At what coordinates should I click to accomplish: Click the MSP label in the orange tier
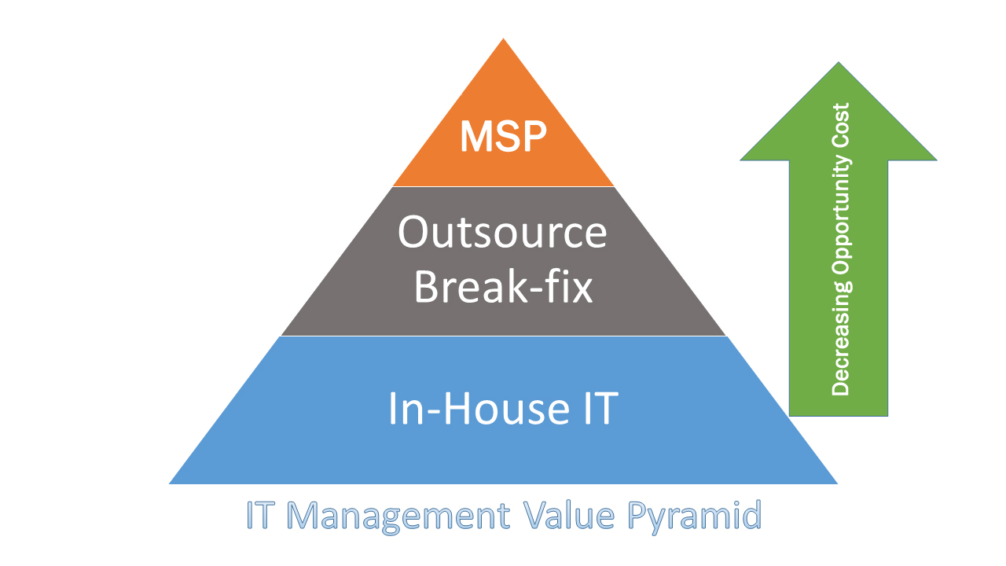pos(503,137)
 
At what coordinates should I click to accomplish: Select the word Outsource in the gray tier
pos(502,232)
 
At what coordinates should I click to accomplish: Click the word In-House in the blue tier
pos(479,408)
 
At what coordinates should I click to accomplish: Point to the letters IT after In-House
pos(601,408)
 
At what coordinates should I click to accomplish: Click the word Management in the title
pos(398,516)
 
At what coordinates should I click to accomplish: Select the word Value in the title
pos(569,515)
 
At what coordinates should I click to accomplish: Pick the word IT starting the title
pos(259,515)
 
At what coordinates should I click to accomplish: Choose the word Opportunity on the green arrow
pos(841,215)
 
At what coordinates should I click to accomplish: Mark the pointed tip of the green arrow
pos(839,62)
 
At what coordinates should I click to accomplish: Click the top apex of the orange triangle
pos(503,39)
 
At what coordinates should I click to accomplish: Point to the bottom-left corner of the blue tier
pos(170,483)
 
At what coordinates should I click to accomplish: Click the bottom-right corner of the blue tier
pos(837,483)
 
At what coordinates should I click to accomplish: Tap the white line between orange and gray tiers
pos(503,186)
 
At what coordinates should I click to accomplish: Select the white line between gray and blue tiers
pos(503,336)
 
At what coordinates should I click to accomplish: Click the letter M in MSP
pos(475,137)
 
